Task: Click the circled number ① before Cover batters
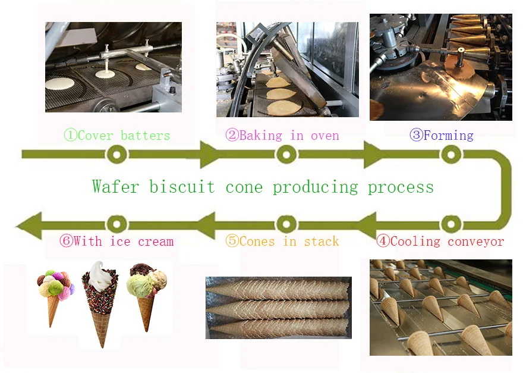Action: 70,136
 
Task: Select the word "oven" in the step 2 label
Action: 324,136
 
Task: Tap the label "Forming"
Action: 448,136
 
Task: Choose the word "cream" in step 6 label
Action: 156,242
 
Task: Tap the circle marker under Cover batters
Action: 117,155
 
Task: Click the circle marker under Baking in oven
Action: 286,155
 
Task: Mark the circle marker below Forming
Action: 451,155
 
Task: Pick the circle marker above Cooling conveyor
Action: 451,224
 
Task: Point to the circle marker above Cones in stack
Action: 286,224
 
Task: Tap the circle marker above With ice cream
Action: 117,224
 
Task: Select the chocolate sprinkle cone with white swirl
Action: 102,303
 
